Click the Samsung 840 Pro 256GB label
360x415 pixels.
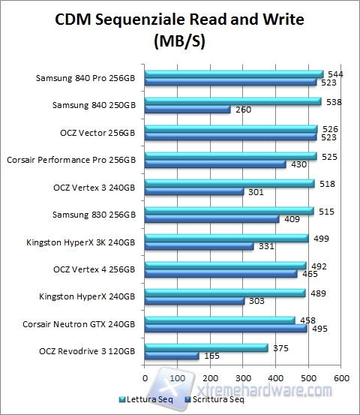pyautogui.click(x=86, y=77)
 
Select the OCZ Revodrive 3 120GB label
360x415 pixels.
pyautogui.click(x=90, y=351)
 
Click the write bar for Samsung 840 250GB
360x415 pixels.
pyautogui.click(x=187, y=110)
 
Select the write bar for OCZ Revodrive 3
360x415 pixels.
pyautogui.click(x=172, y=356)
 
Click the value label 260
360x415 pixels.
pyautogui.click(x=243, y=110)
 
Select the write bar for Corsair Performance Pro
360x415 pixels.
pyautogui.click(x=215, y=164)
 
